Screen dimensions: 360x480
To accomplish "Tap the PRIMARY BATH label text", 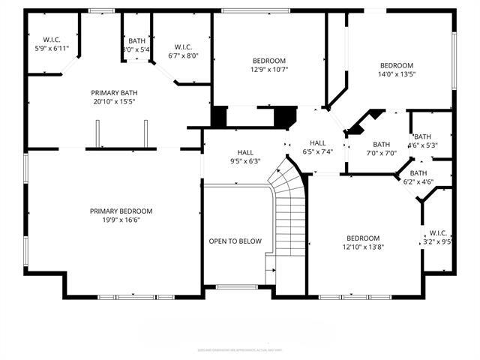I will pyautogui.click(x=115, y=92).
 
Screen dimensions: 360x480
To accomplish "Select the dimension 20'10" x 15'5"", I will pyautogui.click(x=115, y=101).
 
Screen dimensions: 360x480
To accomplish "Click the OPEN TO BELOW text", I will pyautogui.click(x=235, y=241).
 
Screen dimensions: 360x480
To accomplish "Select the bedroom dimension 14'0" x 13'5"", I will pyautogui.click(x=396, y=74).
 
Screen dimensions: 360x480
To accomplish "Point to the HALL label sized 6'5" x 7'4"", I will pyautogui.click(x=318, y=142).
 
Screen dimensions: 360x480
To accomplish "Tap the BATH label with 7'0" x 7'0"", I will pyautogui.click(x=382, y=145).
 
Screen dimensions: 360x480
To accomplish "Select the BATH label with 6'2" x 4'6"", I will pyautogui.click(x=418, y=172).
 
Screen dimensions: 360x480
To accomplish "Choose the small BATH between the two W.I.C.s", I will pyautogui.click(x=136, y=41).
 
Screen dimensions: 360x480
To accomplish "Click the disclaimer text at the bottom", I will pyautogui.click(x=240, y=349).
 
